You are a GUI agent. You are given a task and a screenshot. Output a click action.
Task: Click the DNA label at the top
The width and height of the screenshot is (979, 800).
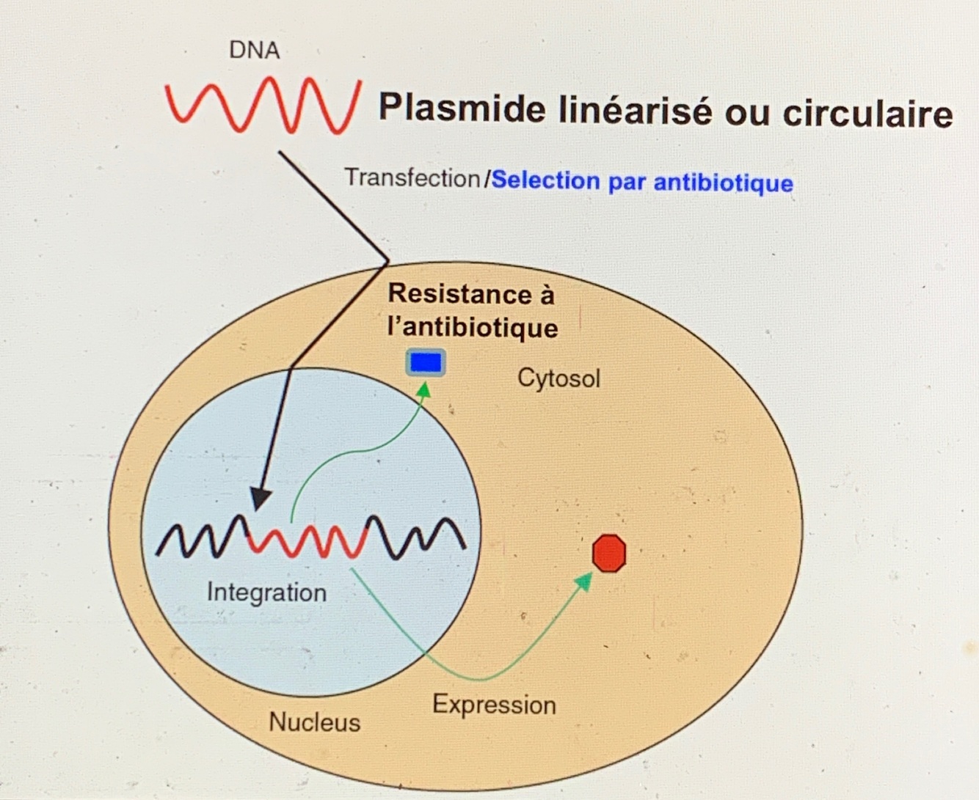click(254, 50)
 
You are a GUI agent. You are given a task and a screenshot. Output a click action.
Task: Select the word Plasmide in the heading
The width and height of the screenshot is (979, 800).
click(462, 110)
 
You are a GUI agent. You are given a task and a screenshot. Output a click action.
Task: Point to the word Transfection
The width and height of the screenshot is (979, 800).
click(412, 177)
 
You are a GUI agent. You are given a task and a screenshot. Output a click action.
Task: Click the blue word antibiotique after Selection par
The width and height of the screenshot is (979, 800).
click(723, 182)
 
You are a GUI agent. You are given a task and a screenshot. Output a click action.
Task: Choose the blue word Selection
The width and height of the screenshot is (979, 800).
click(545, 180)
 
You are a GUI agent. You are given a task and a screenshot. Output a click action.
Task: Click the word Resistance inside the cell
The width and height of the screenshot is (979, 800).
click(461, 293)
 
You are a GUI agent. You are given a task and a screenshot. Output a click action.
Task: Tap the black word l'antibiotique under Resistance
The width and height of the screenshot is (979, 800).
click(473, 327)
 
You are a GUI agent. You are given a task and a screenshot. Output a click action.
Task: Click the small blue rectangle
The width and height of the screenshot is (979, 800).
click(426, 363)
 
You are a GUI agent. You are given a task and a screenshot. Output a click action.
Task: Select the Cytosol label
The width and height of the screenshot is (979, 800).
click(558, 378)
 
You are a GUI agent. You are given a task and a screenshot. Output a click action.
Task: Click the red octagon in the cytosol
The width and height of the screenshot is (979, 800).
click(609, 553)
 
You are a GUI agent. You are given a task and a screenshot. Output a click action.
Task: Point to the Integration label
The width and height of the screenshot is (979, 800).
click(266, 592)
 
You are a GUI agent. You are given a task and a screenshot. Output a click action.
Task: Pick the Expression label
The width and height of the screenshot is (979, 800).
click(494, 705)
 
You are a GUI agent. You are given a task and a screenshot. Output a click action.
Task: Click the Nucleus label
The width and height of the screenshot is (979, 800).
click(315, 722)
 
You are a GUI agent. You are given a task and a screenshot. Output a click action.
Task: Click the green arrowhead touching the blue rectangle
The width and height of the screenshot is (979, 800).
click(423, 389)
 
